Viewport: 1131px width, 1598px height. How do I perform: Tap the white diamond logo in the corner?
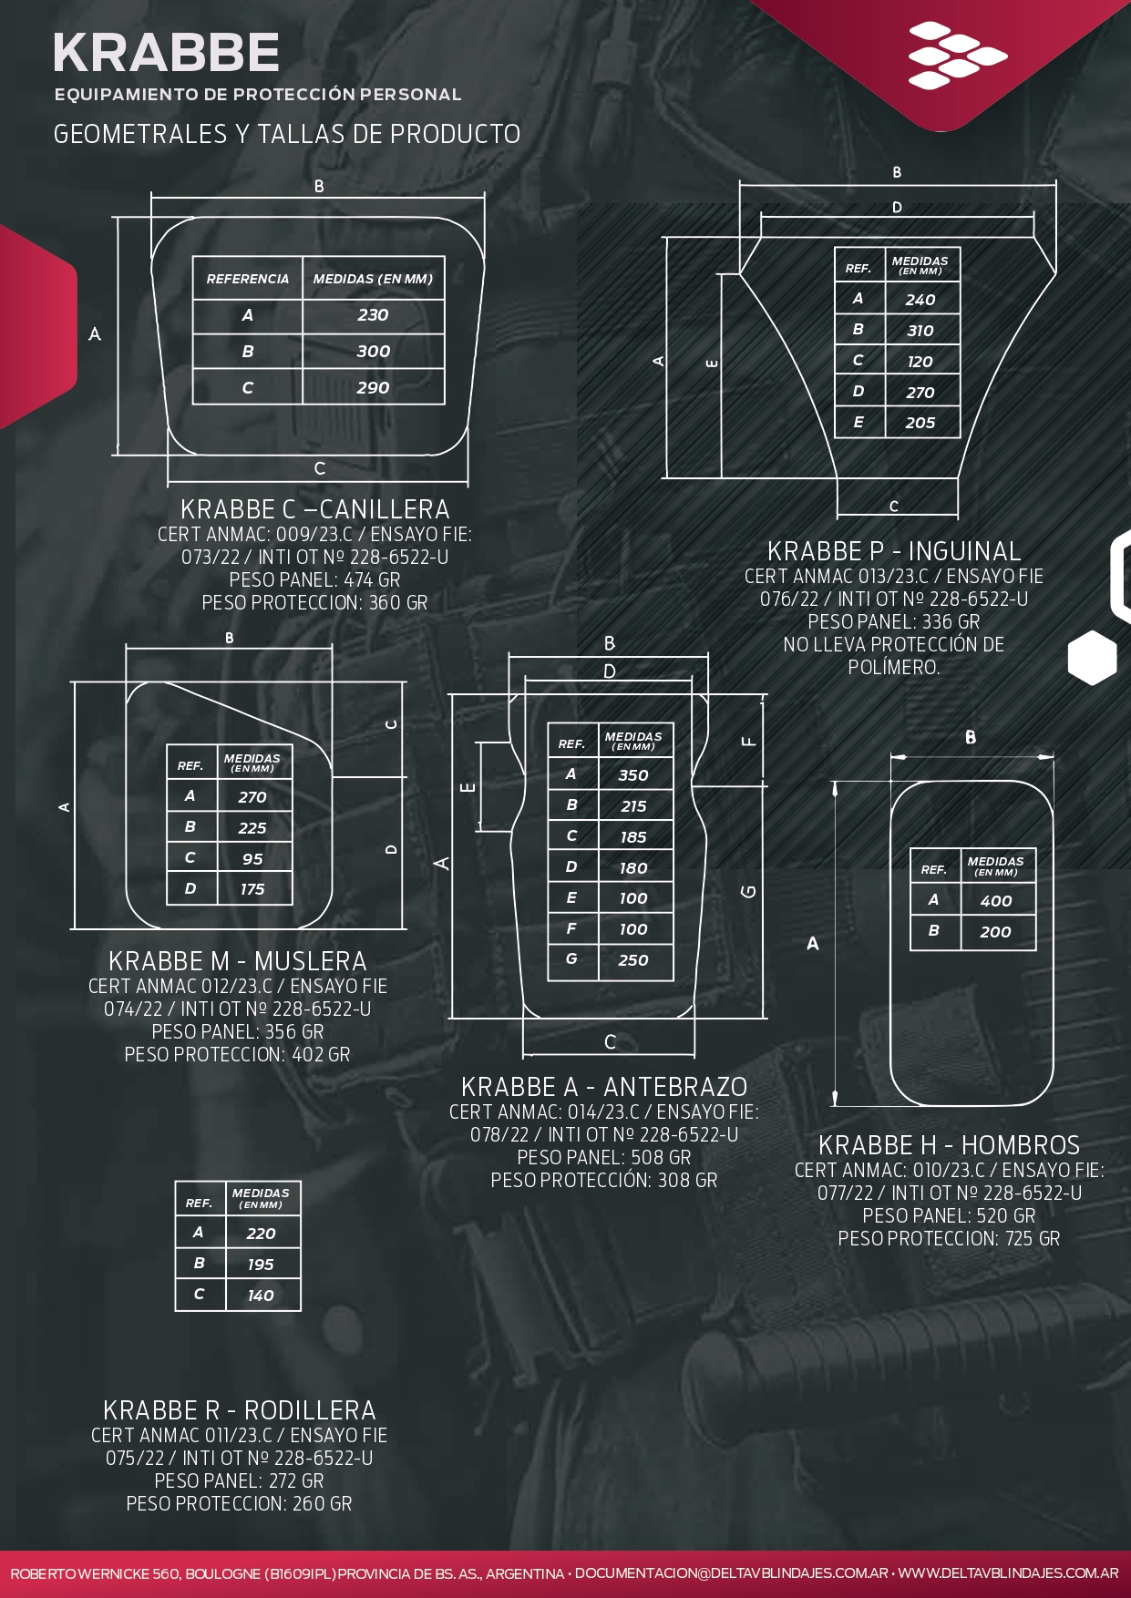[x=957, y=56]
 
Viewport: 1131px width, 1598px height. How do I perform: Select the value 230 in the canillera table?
[x=373, y=315]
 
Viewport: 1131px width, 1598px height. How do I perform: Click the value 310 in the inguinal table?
[x=920, y=331]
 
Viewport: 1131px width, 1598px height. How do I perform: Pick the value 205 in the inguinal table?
[x=920, y=423]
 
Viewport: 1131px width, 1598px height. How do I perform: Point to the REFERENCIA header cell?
[x=248, y=279]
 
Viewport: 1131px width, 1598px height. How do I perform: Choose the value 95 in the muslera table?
[x=252, y=859]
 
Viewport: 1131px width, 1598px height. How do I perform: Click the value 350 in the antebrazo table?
[x=633, y=775]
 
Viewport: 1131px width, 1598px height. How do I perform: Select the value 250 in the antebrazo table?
[x=633, y=960]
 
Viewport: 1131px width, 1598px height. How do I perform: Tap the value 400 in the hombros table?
[x=996, y=901]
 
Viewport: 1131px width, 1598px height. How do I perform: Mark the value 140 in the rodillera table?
[x=261, y=1296]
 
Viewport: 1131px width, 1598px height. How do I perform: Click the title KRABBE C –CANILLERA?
[x=315, y=509]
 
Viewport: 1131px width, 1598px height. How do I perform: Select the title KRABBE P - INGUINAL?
[x=894, y=551]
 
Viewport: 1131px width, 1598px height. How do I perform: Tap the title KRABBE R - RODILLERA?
[x=240, y=1410]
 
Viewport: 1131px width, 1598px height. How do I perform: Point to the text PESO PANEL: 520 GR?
[x=949, y=1216]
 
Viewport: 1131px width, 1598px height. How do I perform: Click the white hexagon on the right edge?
[x=1092, y=657]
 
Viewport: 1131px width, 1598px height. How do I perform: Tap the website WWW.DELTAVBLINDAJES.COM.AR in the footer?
[x=1009, y=1573]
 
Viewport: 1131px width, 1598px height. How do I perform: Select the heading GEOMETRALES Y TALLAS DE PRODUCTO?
[x=287, y=134]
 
